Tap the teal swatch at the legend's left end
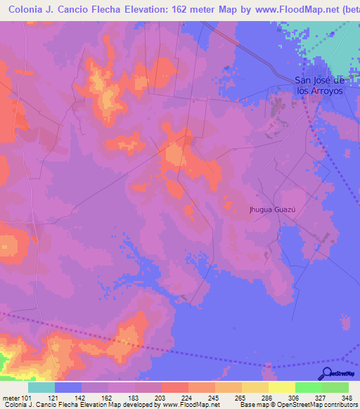pyautogui.click(x=41, y=387)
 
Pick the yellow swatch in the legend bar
pyautogui.click(x=281, y=387)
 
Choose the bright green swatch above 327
pyautogui.click(x=308, y=387)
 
